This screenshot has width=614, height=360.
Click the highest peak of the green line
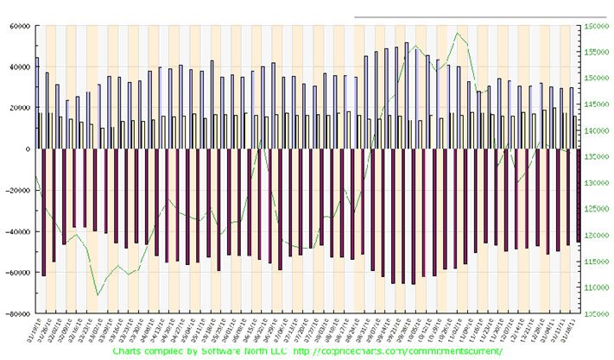[458, 34]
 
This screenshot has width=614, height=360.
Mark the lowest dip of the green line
[98, 294]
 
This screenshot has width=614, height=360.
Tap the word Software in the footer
[199, 352]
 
